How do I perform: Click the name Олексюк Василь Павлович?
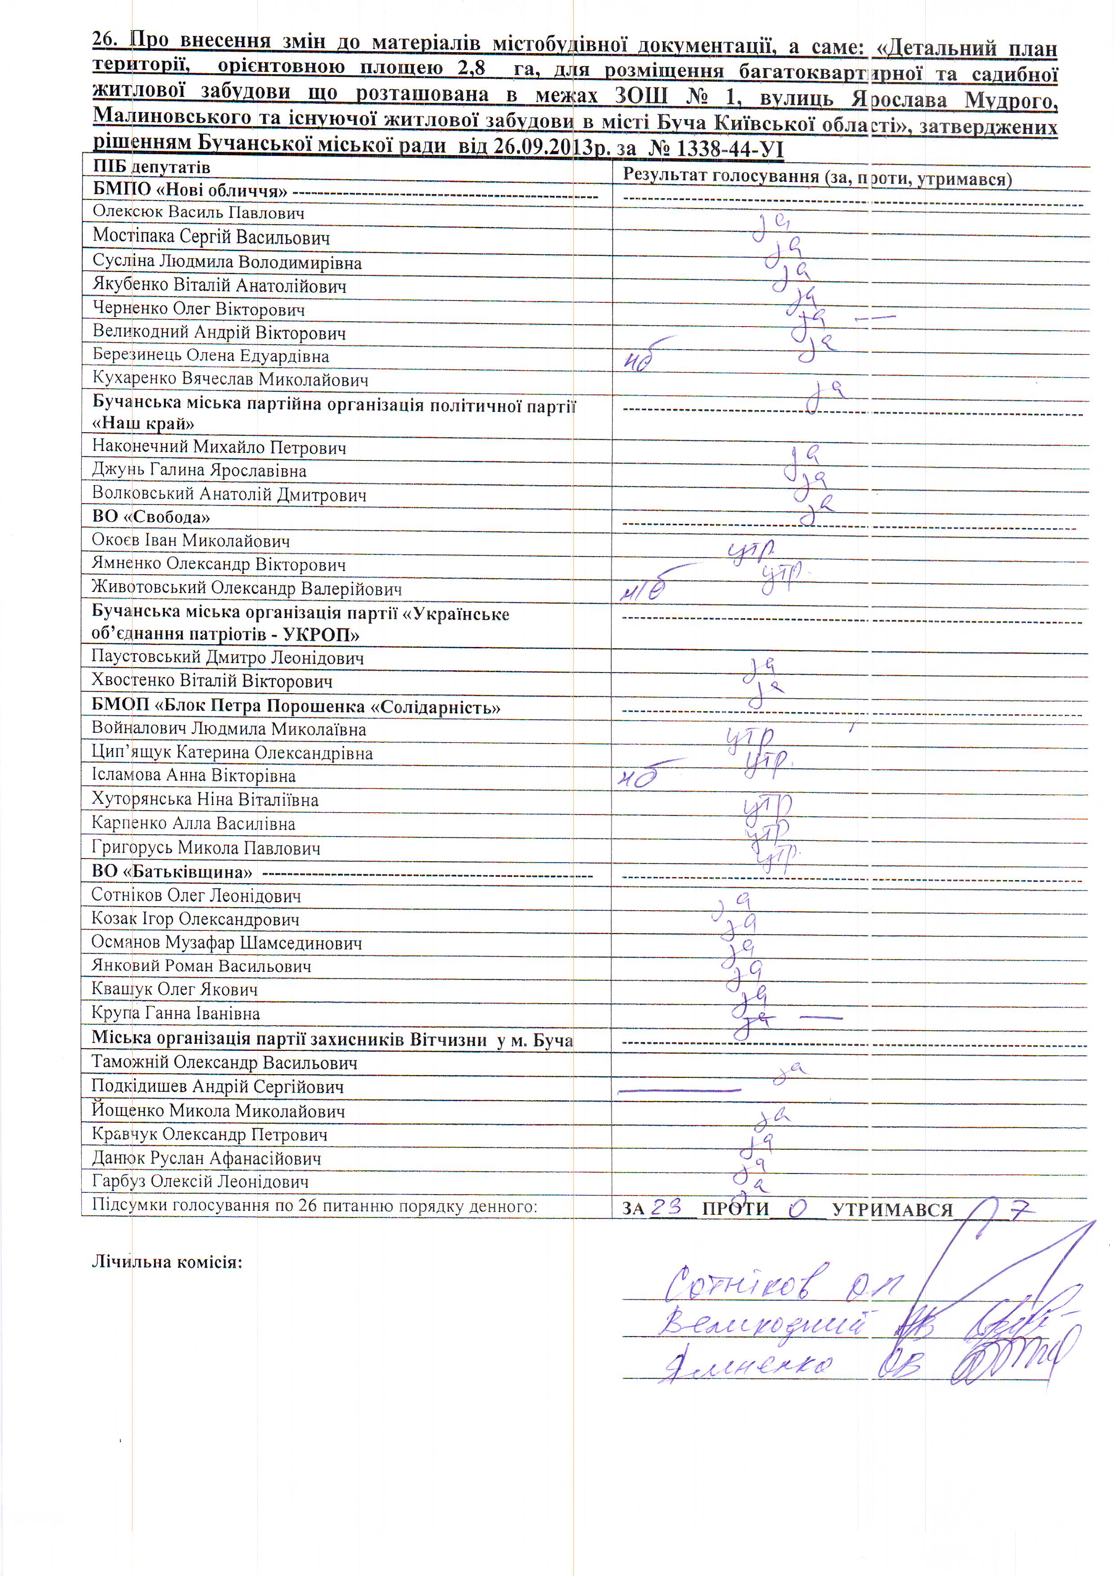199,212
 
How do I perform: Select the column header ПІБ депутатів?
151,167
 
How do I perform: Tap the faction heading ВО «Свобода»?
150,517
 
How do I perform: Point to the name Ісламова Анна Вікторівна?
194,775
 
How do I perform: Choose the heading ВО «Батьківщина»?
172,872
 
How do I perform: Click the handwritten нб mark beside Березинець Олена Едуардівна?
638,362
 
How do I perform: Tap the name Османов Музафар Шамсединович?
226,943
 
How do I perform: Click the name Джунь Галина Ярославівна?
199,471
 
